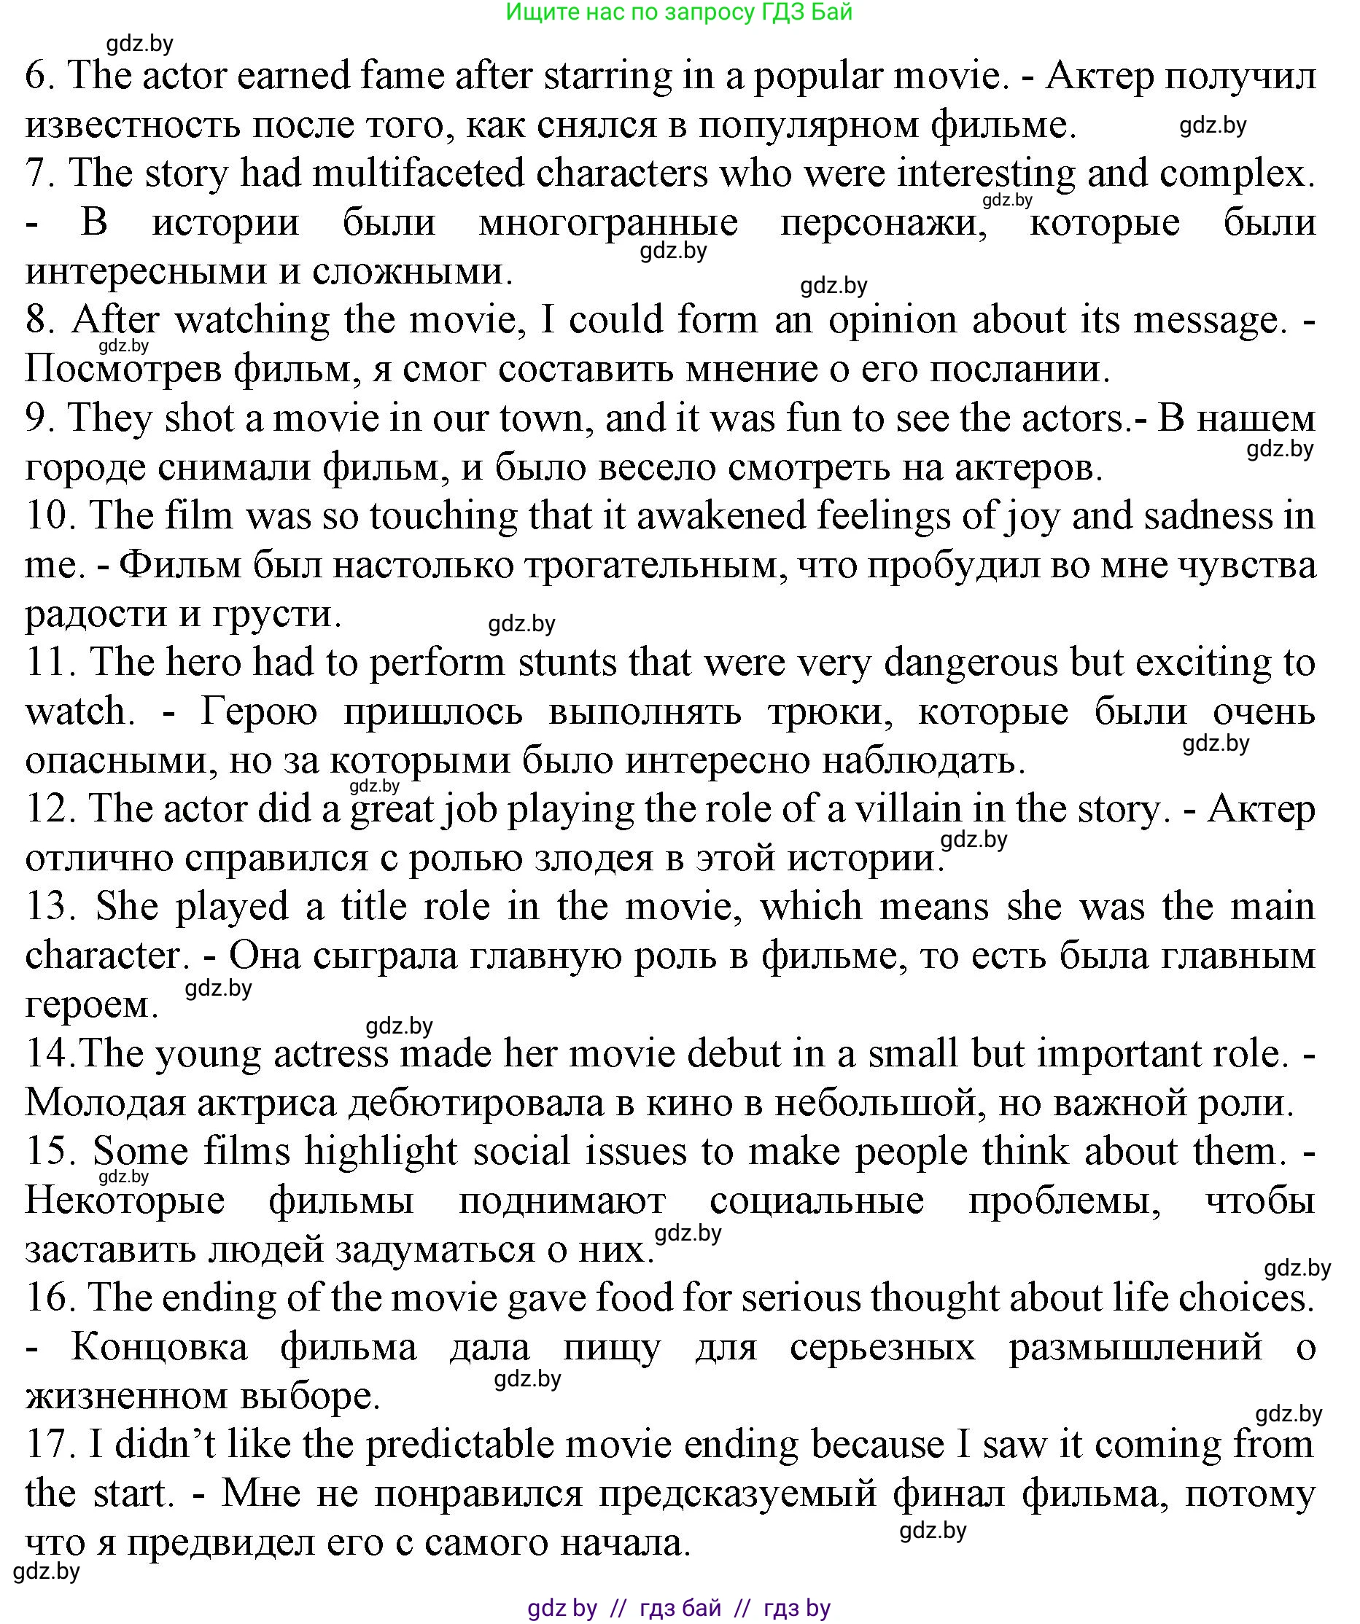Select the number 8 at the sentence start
point(39,320)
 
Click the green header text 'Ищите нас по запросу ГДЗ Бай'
point(678,12)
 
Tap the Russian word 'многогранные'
point(608,224)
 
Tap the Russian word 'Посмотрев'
point(123,370)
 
